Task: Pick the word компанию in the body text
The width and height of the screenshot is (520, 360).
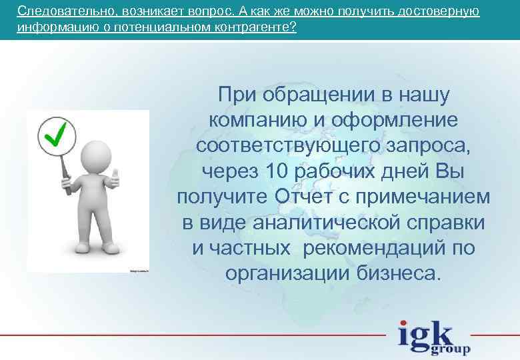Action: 257,121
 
